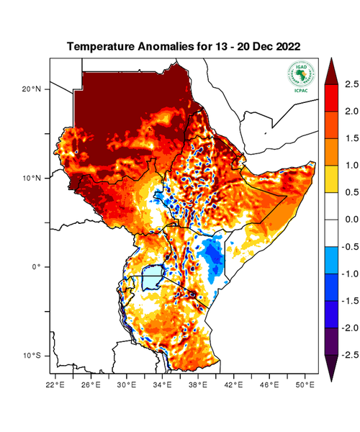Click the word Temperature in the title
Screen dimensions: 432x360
pos(100,46)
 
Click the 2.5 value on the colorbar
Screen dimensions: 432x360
pos(350,84)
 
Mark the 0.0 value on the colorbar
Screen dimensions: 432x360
pos(350,219)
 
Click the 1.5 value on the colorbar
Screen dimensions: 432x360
pos(350,138)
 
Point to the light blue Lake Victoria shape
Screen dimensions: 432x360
pos(152,276)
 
